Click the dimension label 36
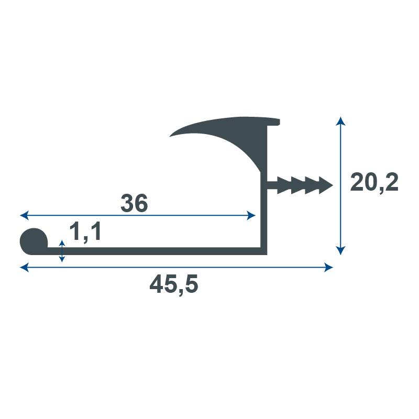[x=134, y=203]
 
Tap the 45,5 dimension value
[x=174, y=285]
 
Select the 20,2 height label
[x=374, y=182]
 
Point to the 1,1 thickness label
[x=85, y=232]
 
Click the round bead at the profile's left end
[x=34, y=241]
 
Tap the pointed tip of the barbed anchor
[x=333, y=185]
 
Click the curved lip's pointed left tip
[x=170, y=136]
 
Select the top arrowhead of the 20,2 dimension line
[x=340, y=121]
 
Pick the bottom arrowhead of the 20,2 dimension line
[x=340, y=251]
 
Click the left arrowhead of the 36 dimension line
[x=24, y=215]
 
